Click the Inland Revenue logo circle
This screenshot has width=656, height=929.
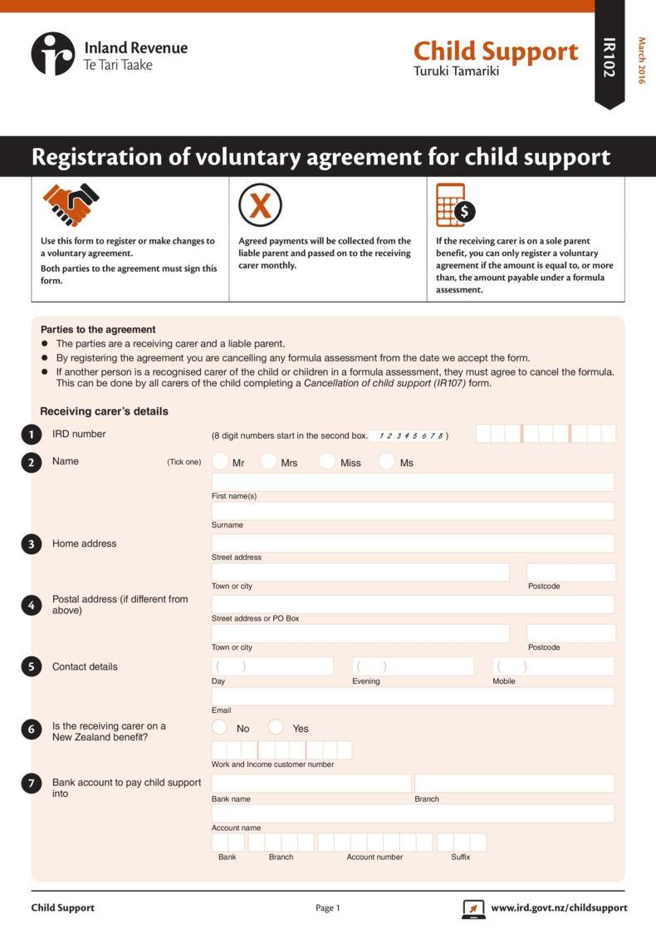pyautogui.click(x=53, y=54)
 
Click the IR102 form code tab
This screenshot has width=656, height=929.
pyautogui.click(x=609, y=57)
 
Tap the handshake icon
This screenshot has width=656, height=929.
pyautogui.click(x=71, y=204)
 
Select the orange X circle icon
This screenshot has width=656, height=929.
pyautogui.click(x=260, y=204)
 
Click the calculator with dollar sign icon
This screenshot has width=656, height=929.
pyautogui.click(x=455, y=205)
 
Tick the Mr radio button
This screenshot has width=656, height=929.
pyautogui.click(x=220, y=461)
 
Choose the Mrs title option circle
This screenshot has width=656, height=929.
pyautogui.click(x=268, y=461)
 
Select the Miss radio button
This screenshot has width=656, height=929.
pyautogui.click(x=327, y=461)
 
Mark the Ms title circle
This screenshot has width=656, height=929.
pyautogui.click(x=386, y=461)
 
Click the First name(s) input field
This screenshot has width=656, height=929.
pyautogui.click(x=413, y=482)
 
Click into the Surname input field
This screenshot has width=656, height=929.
pyautogui.click(x=413, y=511)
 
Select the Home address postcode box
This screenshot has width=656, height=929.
pyautogui.click(x=570, y=572)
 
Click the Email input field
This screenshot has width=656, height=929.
pyautogui.click(x=413, y=696)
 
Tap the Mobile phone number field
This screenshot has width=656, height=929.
pyautogui.click(x=553, y=666)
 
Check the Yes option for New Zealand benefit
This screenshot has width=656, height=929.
pyautogui.click(x=276, y=727)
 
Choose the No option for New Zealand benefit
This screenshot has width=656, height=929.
pyautogui.click(x=220, y=727)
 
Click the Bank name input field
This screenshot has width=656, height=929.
pyautogui.click(x=311, y=784)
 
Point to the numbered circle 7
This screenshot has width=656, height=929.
pyautogui.click(x=32, y=784)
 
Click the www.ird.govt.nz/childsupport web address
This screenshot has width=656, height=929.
pyautogui.click(x=559, y=907)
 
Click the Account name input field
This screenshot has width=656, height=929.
pyautogui.click(x=413, y=813)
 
